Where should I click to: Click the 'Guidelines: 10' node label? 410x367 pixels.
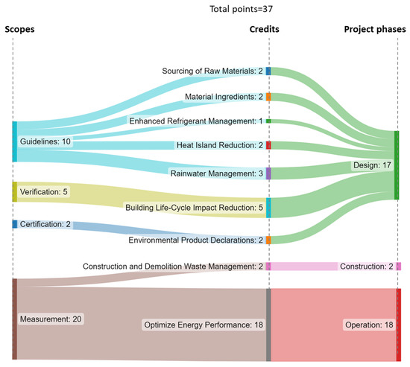tap(45, 141)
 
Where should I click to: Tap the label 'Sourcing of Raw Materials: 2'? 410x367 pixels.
tap(212, 71)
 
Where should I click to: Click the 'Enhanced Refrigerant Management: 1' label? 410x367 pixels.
tap(196, 121)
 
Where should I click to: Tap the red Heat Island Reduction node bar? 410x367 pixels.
tap(268, 144)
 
